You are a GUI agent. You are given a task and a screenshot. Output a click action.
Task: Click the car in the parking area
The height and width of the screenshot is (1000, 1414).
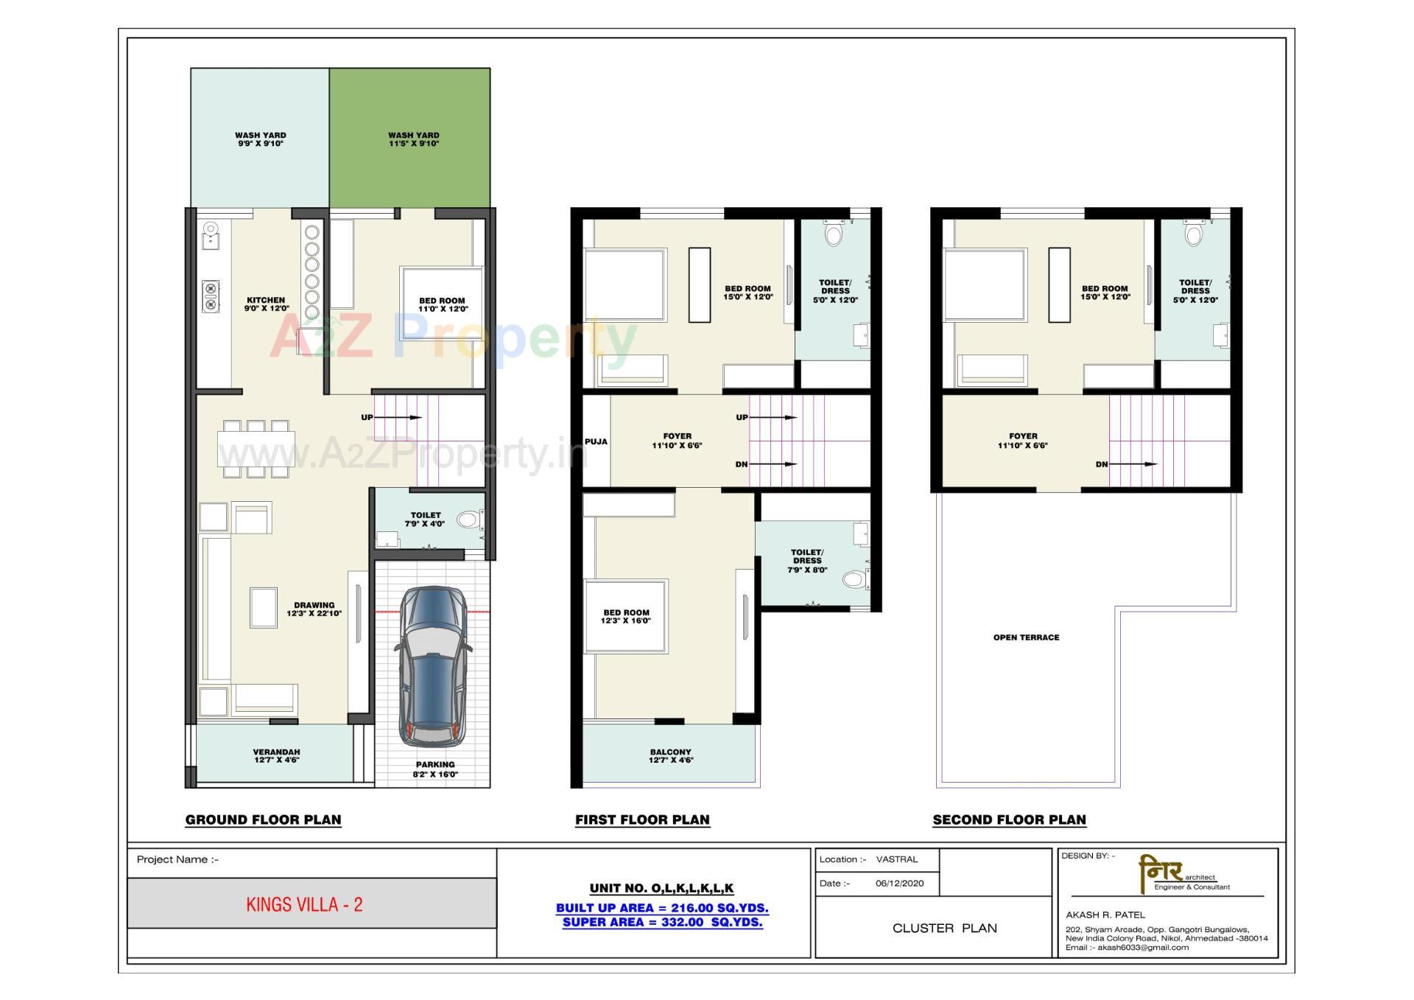[433, 665]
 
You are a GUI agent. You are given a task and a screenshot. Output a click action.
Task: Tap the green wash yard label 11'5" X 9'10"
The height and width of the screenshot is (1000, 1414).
[413, 139]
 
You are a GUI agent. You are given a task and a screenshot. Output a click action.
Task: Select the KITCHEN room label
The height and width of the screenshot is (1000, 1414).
[266, 304]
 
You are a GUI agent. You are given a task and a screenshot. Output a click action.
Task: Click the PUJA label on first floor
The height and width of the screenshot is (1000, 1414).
[596, 441]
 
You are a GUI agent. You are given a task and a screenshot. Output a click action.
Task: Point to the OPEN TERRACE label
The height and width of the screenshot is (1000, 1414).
[1026, 637]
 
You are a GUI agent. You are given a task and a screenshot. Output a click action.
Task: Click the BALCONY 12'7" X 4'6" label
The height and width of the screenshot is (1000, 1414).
[670, 756]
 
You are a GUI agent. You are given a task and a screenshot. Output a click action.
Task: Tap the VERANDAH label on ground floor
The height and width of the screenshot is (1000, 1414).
[276, 756]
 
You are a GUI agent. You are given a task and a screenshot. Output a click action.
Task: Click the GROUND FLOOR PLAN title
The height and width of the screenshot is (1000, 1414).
[263, 819]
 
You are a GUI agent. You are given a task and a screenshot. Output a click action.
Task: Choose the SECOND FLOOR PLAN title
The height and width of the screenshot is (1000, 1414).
[1009, 819]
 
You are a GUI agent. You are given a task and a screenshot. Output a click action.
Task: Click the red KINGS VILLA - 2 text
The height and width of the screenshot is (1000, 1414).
[304, 905]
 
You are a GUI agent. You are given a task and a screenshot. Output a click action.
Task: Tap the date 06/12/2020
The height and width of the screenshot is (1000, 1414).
[899, 883]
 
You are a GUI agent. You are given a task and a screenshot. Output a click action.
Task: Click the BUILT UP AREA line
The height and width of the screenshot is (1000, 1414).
[661, 908]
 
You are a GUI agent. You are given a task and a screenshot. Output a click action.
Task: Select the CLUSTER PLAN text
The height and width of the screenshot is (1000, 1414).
[944, 928]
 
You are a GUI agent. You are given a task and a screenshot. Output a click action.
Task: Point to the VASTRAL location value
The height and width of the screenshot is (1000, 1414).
[896, 859]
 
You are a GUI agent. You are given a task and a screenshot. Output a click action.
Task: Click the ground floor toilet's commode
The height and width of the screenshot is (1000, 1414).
[467, 520]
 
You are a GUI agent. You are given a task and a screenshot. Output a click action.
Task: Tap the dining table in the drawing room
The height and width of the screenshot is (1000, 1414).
[256, 450]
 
